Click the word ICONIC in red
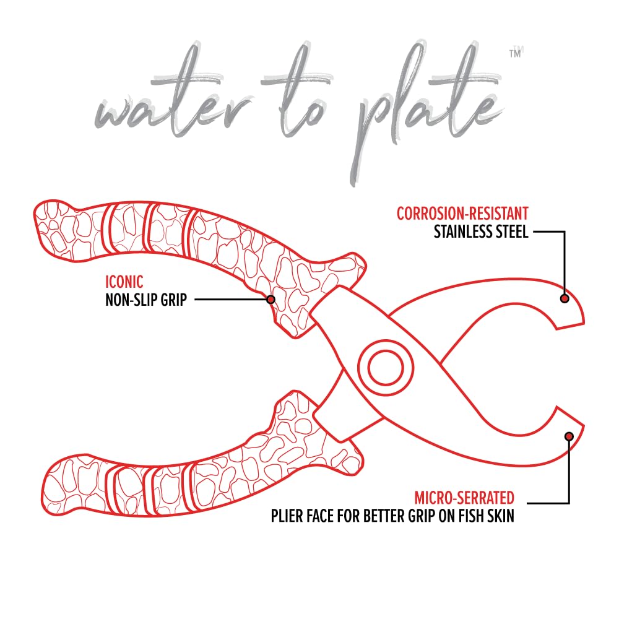[x=124, y=282]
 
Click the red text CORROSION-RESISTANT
[x=462, y=214]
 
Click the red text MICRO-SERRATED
[x=464, y=498]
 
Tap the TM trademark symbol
[x=516, y=53]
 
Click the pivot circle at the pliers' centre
[x=386, y=367]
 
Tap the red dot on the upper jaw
[x=565, y=298]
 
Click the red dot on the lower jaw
[x=569, y=436]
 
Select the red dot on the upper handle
[x=271, y=300]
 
